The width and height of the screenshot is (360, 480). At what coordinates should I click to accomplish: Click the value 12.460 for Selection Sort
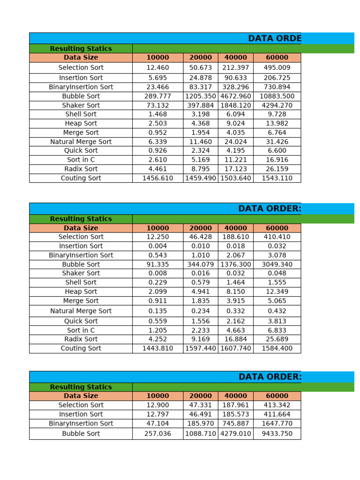pos(157,67)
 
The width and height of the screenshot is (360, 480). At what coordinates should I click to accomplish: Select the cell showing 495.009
pos(277,67)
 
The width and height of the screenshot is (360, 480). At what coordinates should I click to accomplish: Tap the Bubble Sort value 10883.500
pos(277,96)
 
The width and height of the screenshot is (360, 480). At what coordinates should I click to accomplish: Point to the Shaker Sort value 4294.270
pos(277,105)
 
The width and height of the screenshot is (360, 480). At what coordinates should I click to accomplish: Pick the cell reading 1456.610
pos(157,178)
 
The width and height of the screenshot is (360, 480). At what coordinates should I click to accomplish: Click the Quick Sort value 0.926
pos(157,150)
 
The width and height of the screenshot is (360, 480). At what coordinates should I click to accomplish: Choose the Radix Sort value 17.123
pos(236,169)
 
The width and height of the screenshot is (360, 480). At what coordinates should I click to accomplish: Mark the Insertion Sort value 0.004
pos(157,246)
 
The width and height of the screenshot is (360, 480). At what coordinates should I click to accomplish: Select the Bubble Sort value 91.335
pos(157,264)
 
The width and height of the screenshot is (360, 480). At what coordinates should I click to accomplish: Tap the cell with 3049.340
pos(277,264)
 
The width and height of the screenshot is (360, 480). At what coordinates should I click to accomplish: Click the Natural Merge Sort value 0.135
pos(157,311)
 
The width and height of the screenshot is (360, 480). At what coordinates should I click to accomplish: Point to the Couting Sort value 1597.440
pos(201,348)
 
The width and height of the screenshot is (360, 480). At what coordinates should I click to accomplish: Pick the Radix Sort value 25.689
pos(277,339)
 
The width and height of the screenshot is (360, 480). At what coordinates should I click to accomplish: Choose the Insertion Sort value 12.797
pos(157,414)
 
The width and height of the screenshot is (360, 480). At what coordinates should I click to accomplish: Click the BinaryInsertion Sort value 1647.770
pos(277,423)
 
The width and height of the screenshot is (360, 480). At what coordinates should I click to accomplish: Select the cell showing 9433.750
pos(277,434)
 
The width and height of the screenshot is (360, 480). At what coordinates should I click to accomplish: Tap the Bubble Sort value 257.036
pos(157,434)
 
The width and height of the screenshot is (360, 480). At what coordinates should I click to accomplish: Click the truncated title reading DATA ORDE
pos(275,38)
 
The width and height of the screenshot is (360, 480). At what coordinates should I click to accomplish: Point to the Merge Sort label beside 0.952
pos(81,133)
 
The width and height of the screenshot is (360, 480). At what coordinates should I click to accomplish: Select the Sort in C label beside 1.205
pos(81,330)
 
